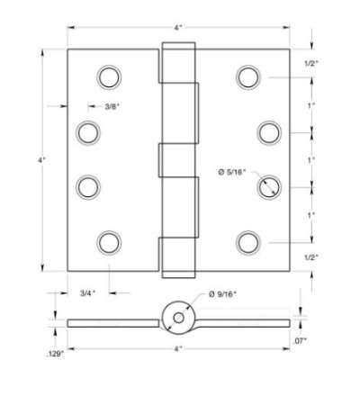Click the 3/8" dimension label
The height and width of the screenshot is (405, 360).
[112, 106]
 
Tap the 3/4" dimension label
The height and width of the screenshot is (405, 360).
[87, 293]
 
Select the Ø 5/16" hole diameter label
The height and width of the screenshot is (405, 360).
[231, 172]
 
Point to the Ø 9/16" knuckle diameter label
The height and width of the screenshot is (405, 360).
[222, 294]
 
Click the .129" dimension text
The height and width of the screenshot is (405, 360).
[55, 354]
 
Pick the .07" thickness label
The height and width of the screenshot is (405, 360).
[300, 340]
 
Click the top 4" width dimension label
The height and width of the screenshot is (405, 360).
[178, 28]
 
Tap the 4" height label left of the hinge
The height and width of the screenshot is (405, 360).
[41, 160]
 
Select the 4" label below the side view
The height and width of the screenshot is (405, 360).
[178, 349]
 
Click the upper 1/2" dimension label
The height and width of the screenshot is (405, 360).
[311, 63]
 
